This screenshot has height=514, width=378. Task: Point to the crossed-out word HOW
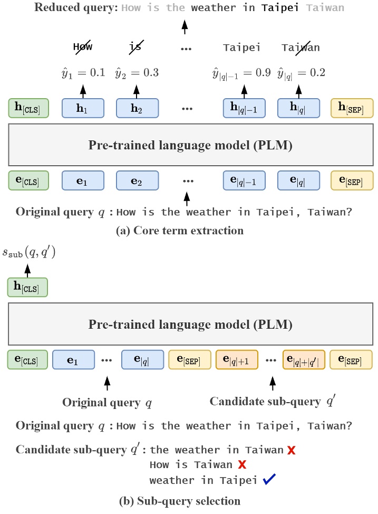click(83, 47)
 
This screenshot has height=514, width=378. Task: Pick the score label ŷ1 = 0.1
click(83, 73)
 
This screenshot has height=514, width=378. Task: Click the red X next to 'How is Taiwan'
click(242, 465)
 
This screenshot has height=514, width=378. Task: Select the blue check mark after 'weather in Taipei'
click(269, 480)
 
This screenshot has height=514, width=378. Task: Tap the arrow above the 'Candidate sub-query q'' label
click(273, 383)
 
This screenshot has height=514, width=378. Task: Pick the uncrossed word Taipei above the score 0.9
click(241, 47)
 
